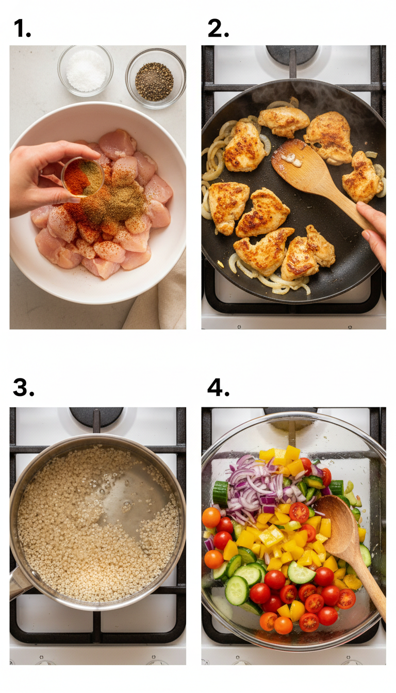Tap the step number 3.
[x=23, y=387]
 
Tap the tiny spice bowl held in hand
[x=82, y=177]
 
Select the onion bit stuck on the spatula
[x=288, y=159]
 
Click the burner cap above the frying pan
[x=292, y=54]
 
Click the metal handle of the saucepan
[x=18, y=583]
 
